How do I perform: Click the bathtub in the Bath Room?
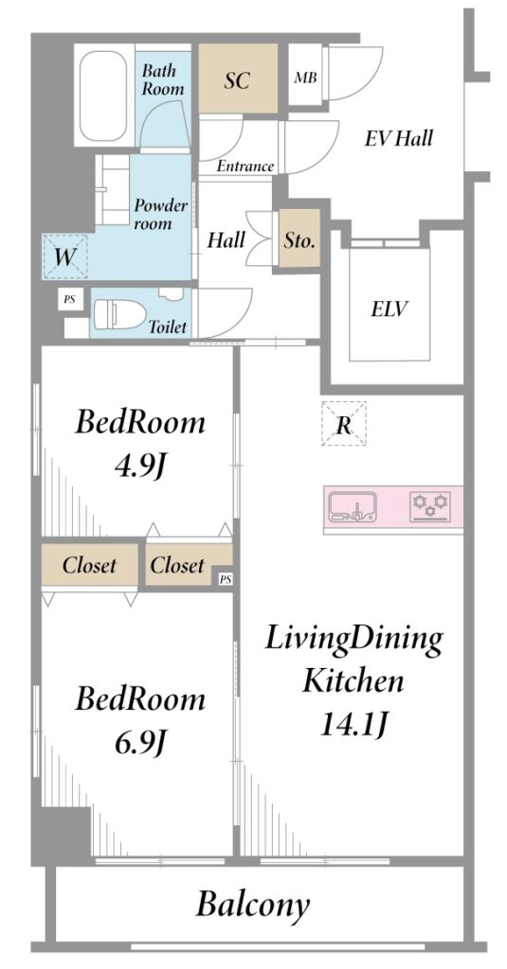[104, 96]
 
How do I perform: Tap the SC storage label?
[237, 80]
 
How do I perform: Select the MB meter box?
[305, 78]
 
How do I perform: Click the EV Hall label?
[398, 138]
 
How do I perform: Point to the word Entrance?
[244, 166]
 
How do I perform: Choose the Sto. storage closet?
[299, 238]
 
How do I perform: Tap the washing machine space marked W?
[65, 256]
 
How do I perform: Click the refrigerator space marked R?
[344, 424]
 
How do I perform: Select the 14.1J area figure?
[353, 722]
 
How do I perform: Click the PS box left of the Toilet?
[69, 300]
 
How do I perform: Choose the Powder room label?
[161, 214]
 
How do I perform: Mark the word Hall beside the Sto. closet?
[226, 239]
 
